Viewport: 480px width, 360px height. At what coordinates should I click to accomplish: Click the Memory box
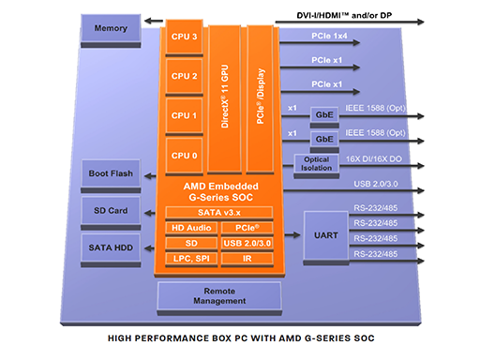tap(112, 28)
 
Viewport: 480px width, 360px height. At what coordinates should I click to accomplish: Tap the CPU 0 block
tap(185, 155)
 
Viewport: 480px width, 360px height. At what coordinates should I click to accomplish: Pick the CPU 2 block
tap(185, 77)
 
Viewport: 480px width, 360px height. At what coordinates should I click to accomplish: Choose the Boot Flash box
tap(111, 173)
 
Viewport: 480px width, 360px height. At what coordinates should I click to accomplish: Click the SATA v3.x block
tap(218, 213)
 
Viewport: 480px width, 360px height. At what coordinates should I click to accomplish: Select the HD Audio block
tap(191, 228)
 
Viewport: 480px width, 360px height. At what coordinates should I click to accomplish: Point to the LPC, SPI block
tap(191, 258)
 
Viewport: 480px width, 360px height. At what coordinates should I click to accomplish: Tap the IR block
tap(246, 258)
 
